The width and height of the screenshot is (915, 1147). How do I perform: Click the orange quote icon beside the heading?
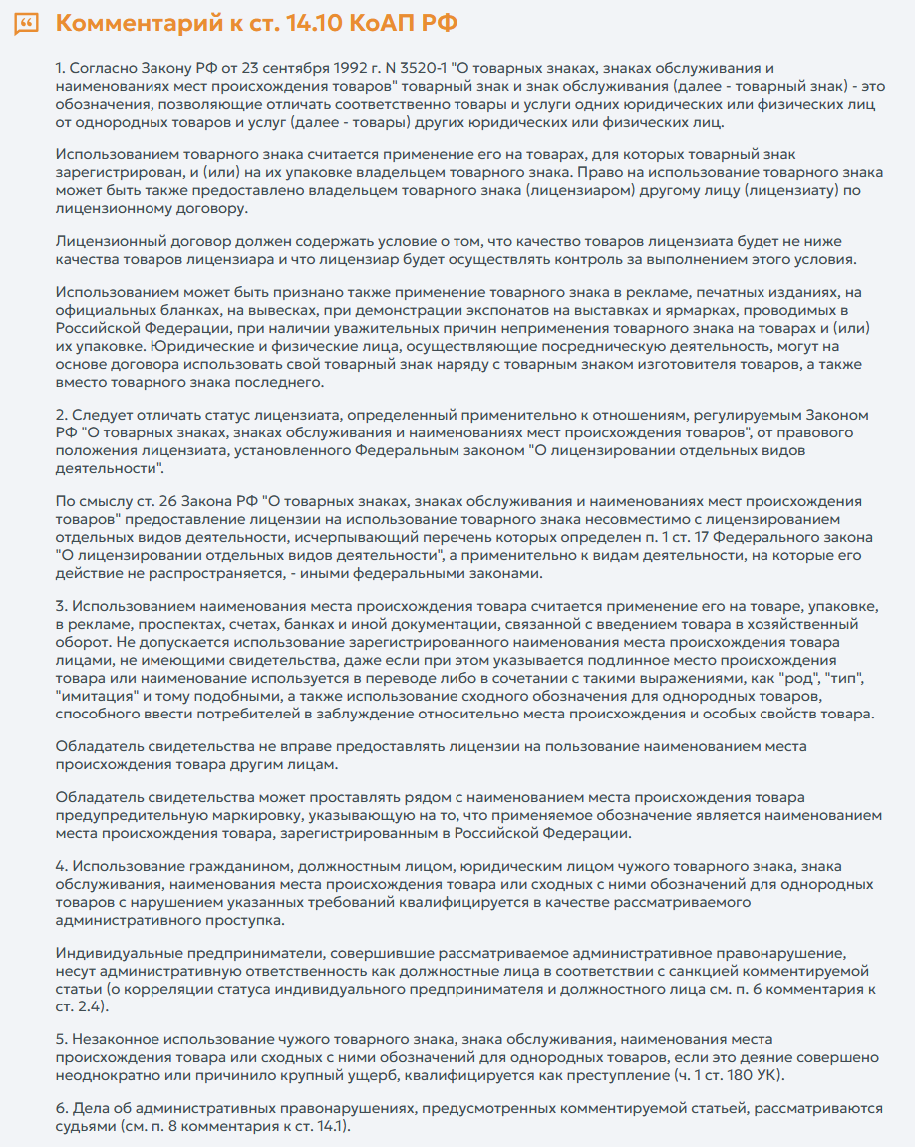[x=28, y=23]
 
